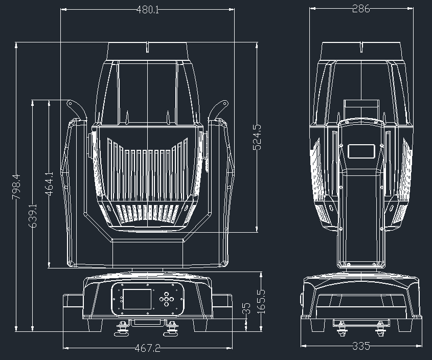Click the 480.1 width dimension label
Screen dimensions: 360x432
click(147, 10)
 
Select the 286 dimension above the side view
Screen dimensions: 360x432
click(361, 9)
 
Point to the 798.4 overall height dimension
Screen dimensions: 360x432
click(16, 186)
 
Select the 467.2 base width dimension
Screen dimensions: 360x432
click(148, 348)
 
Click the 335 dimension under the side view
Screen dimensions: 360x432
click(361, 346)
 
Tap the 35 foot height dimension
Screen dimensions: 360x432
click(247, 309)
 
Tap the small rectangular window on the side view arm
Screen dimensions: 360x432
click(361, 151)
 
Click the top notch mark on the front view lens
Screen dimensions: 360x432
click(148, 48)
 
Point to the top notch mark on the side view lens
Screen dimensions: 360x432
click(361, 48)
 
